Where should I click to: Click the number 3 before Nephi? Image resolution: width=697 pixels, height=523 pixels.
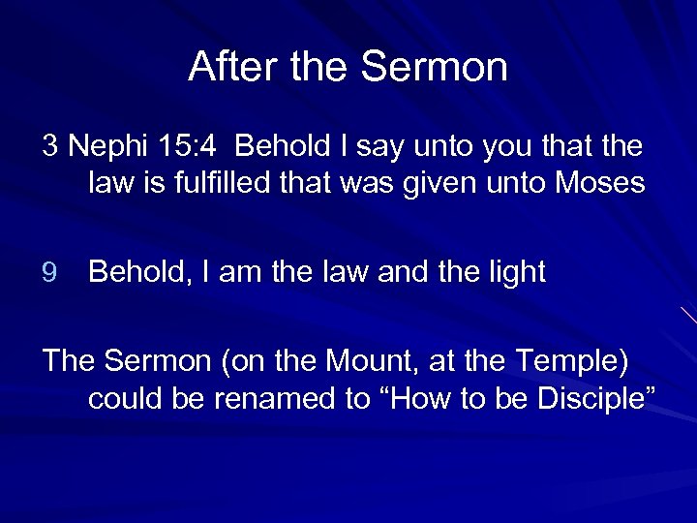[x=50, y=146]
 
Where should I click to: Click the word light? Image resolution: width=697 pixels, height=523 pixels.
[x=512, y=273]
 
